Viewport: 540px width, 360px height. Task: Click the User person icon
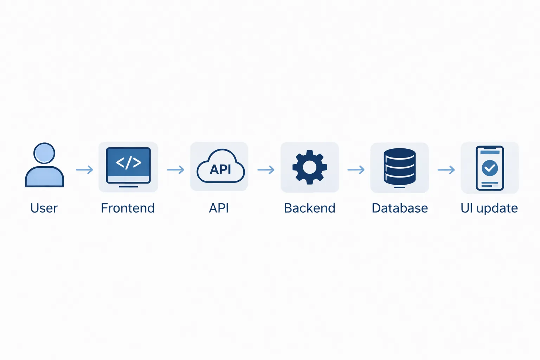point(44,165)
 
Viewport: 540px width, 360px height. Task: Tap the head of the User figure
point(44,153)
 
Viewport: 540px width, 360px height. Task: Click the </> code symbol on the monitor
point(128,162)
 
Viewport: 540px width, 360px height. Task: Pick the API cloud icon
point(220,167)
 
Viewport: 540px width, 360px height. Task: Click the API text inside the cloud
point(220,169)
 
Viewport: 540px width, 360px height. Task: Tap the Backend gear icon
point(310,167)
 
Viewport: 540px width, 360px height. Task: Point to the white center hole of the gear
point(310,167)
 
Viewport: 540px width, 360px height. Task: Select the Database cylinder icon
point(400,167)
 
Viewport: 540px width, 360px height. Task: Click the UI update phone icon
point(490,168)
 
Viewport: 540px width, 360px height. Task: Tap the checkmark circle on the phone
point(490,168)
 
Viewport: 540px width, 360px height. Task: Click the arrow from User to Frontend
point(85,170)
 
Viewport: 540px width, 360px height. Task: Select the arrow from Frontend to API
point(176,170)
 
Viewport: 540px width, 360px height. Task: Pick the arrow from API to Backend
point(266,170)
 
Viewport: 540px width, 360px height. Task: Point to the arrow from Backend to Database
point(356,170)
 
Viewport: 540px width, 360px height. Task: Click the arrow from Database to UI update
point(446,170)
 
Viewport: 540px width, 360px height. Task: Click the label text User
point(44,208)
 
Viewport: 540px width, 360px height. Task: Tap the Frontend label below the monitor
point(128,208)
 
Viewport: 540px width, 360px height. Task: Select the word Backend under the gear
point(309,208)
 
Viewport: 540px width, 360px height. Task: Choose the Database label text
point(400,208)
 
